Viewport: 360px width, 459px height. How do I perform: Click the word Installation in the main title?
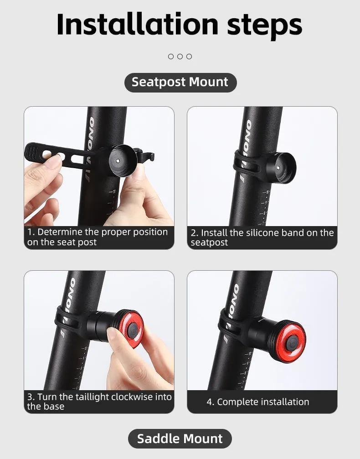(x=138, y=24)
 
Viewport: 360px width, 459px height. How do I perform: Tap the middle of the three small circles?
(x=180, y=57)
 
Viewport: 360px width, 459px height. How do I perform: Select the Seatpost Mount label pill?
(x=180, y=82)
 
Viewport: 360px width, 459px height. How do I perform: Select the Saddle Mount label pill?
(x=180, y=438)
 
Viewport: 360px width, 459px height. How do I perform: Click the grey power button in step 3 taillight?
(x=133, y=330)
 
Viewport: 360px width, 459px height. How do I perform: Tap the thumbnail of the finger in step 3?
(x=113, y=333)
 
